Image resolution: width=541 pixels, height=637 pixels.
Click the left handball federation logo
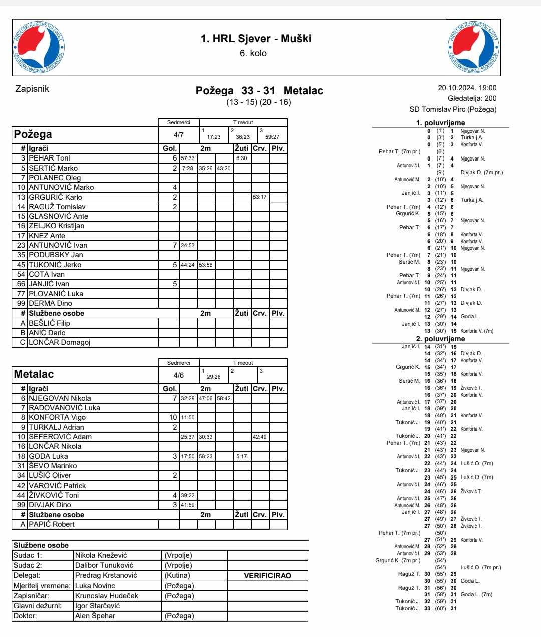[39, 47]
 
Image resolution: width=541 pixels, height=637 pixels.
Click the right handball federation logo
[473, 47]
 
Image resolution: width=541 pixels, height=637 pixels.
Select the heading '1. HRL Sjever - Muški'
[255, 38]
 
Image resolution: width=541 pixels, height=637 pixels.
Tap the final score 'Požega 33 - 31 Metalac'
[259, 91]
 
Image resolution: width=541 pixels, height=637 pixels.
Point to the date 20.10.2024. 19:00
[467, 88]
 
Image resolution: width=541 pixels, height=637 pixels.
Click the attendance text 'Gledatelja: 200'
[472, 98]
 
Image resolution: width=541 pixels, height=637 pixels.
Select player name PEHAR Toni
[49, 158]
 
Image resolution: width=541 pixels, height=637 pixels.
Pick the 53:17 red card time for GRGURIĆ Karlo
[260, 197]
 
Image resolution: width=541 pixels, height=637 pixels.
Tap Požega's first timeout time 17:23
[214, 137]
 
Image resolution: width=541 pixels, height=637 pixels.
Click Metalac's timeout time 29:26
[214, 377]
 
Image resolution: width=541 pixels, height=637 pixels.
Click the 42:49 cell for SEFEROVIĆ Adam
[260, 437]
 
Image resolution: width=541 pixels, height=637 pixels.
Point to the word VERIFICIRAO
[267, 576]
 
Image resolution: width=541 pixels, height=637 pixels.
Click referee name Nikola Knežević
[101, 555]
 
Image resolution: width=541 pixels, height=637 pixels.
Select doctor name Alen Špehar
[95, 616]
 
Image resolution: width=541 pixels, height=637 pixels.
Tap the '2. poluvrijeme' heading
[440, 339]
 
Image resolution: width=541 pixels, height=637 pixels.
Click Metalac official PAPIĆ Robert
[51, 524]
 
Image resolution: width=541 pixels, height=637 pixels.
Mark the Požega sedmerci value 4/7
[178, 135]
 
